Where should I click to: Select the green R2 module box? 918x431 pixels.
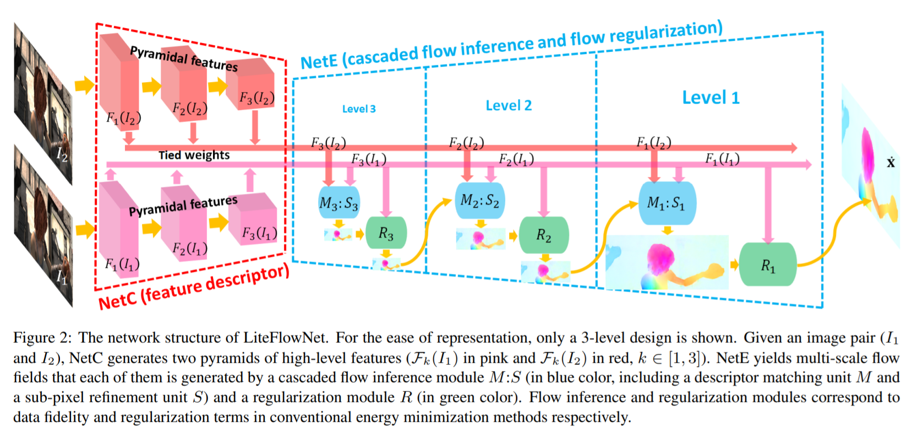click(x=544, y=235)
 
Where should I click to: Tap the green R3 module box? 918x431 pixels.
click(x=386, y=233)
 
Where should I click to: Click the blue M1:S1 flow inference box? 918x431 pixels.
click(x=667, y=203)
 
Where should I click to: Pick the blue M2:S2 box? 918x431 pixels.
click(x=479, y=200)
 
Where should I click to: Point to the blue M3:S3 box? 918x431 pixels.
click(x=339, y=203)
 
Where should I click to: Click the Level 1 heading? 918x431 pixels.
click(x=711, y=98)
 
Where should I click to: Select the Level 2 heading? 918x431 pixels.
click(x=509, y=105)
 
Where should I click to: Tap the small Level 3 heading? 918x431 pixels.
click(x=359, y=109)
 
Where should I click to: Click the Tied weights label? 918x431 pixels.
click(x=194, y=155)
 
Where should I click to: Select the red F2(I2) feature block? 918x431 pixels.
click(x=184, y=88)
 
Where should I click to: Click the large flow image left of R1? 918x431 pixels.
click(x=667, y=262)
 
